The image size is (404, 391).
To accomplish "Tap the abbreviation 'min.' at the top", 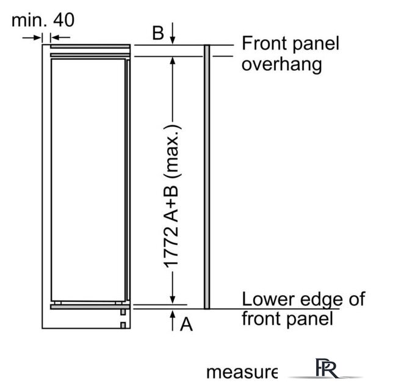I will (x=30, y=20).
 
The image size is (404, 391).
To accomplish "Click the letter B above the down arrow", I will (x=158, y=33).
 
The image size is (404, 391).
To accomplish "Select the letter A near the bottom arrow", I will (x=187, y=325).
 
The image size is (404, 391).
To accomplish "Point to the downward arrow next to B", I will (x=173, y=34).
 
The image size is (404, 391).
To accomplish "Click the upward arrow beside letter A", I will (x=173, y=320).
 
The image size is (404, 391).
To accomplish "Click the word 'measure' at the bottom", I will (x=242, y=371).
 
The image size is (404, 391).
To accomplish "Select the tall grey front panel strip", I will (x=207, y=177).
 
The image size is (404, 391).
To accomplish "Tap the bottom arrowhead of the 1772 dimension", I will (x=173, y=299).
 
